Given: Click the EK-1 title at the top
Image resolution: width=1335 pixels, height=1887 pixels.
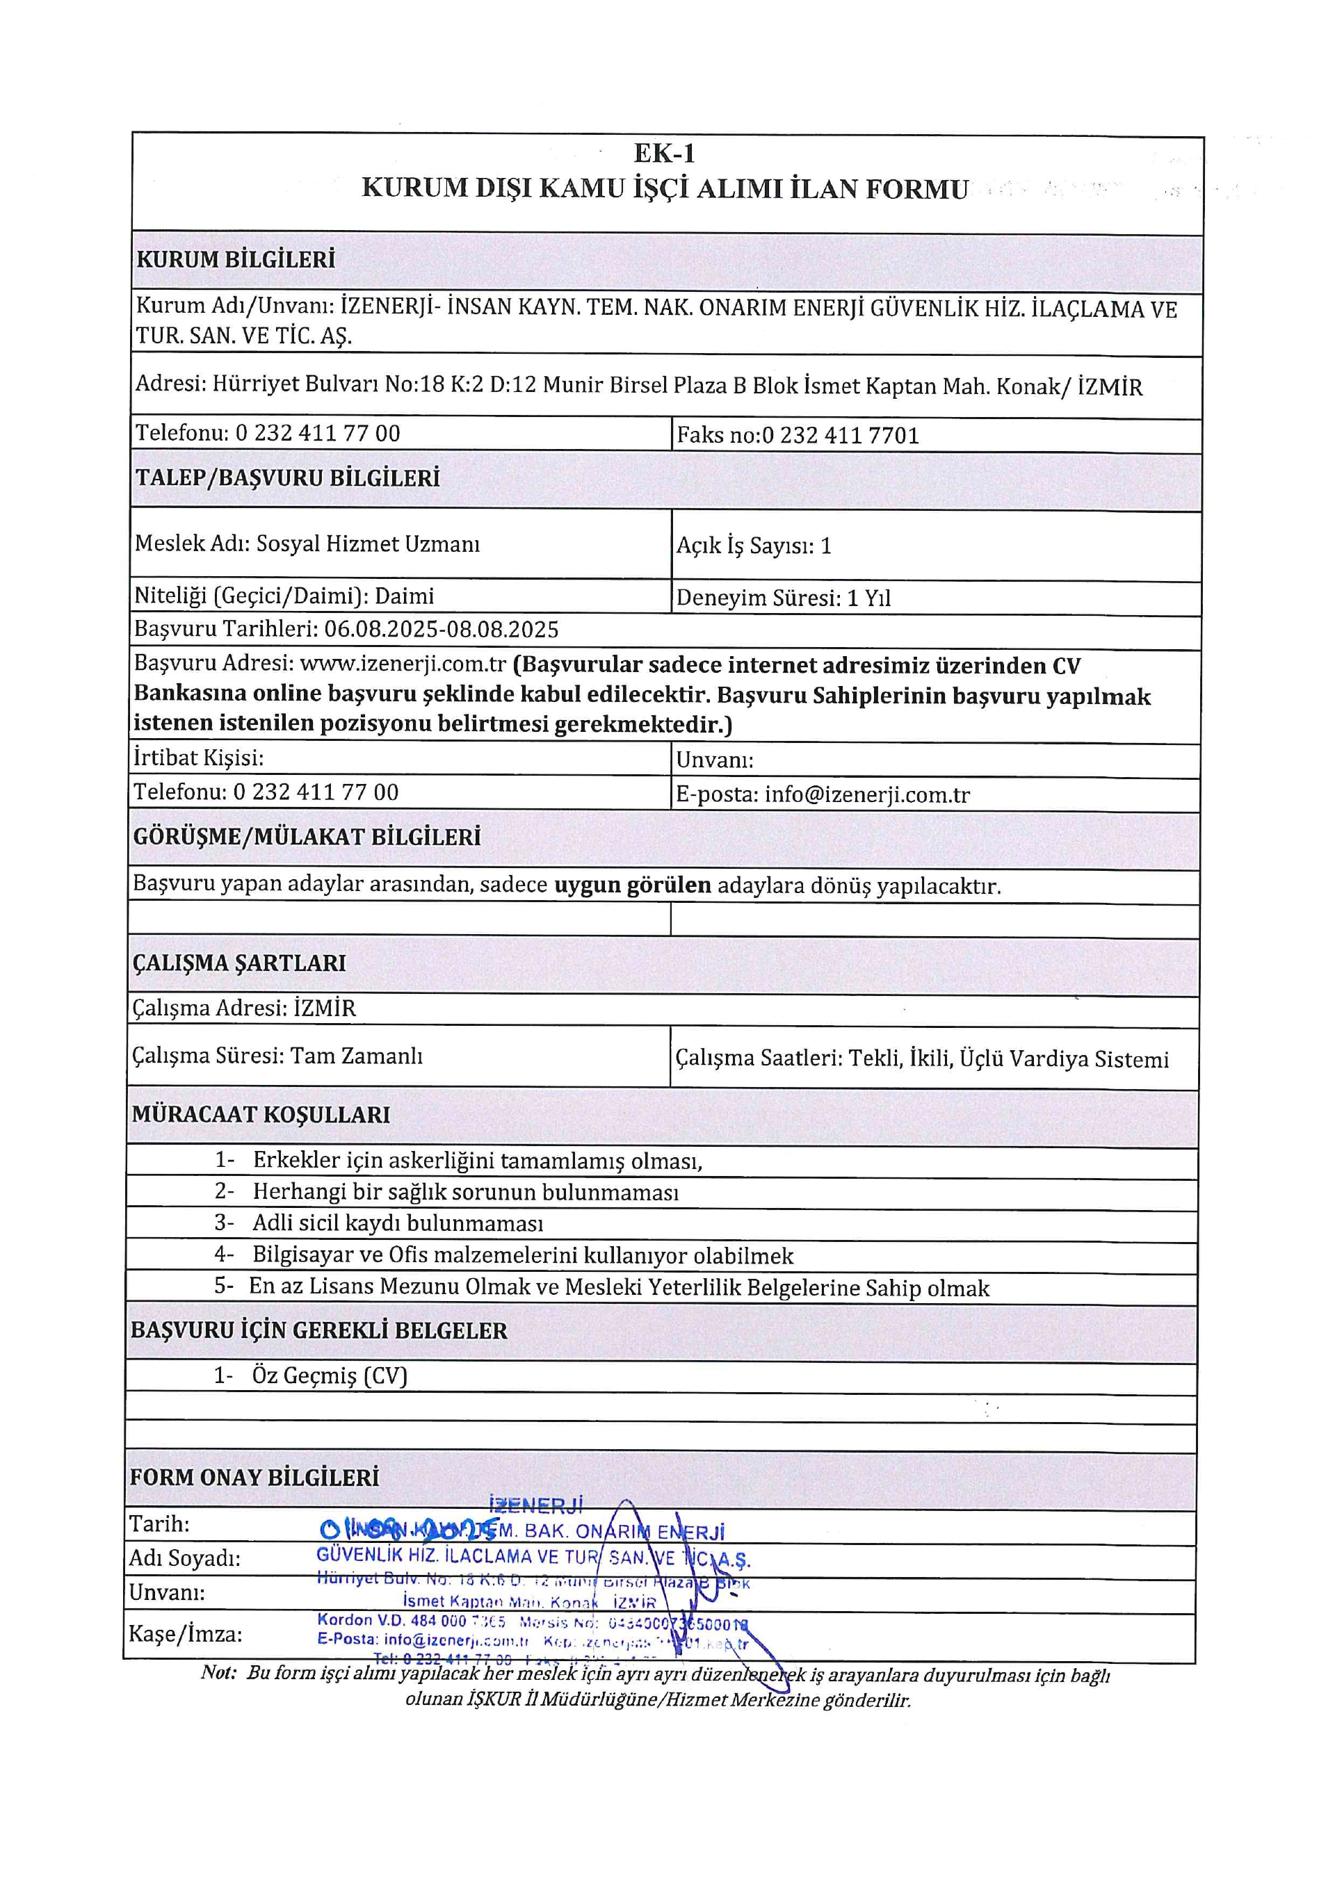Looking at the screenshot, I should coord(664,154).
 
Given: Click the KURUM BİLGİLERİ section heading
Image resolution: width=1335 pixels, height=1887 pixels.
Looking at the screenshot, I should coord(236,260).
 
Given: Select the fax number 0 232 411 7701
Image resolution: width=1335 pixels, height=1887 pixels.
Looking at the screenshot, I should coord(840,435).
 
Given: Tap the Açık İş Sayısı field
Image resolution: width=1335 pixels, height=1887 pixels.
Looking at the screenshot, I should coord(754,546).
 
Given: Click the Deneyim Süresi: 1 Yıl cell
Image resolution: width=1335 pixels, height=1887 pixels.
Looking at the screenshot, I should coord(784,598).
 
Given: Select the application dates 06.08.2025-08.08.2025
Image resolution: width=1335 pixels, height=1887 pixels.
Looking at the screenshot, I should coord(442,630).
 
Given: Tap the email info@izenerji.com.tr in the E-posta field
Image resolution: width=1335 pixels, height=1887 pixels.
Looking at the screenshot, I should coord(867,794).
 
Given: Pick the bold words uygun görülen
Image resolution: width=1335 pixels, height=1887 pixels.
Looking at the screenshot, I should coord(632,885).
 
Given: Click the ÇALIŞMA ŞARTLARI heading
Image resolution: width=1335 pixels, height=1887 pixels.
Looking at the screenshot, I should coord(239,963).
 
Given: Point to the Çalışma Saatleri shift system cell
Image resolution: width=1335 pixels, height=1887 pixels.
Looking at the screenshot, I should coord(921,1059).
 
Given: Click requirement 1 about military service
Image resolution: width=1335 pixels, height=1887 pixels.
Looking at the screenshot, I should coord(477,1161).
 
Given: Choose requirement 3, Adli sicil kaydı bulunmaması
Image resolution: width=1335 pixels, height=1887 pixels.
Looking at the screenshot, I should coord(398,1224).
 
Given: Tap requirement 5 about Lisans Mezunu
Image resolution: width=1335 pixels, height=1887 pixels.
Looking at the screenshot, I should coord(618,1288).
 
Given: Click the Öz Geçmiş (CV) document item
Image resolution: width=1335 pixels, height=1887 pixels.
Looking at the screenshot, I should coord(329,1375).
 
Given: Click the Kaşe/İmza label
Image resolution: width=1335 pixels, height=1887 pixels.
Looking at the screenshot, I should coord(186,1635).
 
